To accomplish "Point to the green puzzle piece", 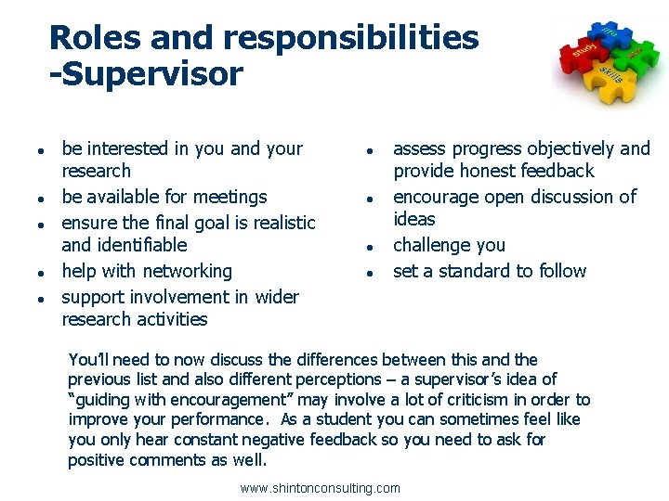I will [636, 56].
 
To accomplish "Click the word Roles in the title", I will [89, 38].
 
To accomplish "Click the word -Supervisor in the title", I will [146, 73].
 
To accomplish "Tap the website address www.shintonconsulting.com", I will [320, 488].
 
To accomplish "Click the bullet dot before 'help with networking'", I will [32, 273].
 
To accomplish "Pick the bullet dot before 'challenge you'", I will [369, 247].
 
